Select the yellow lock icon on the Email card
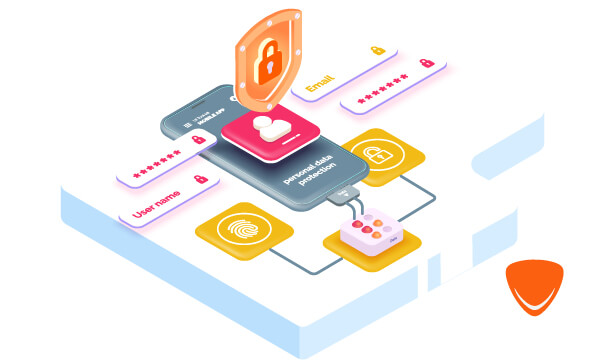pos(377,49)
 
